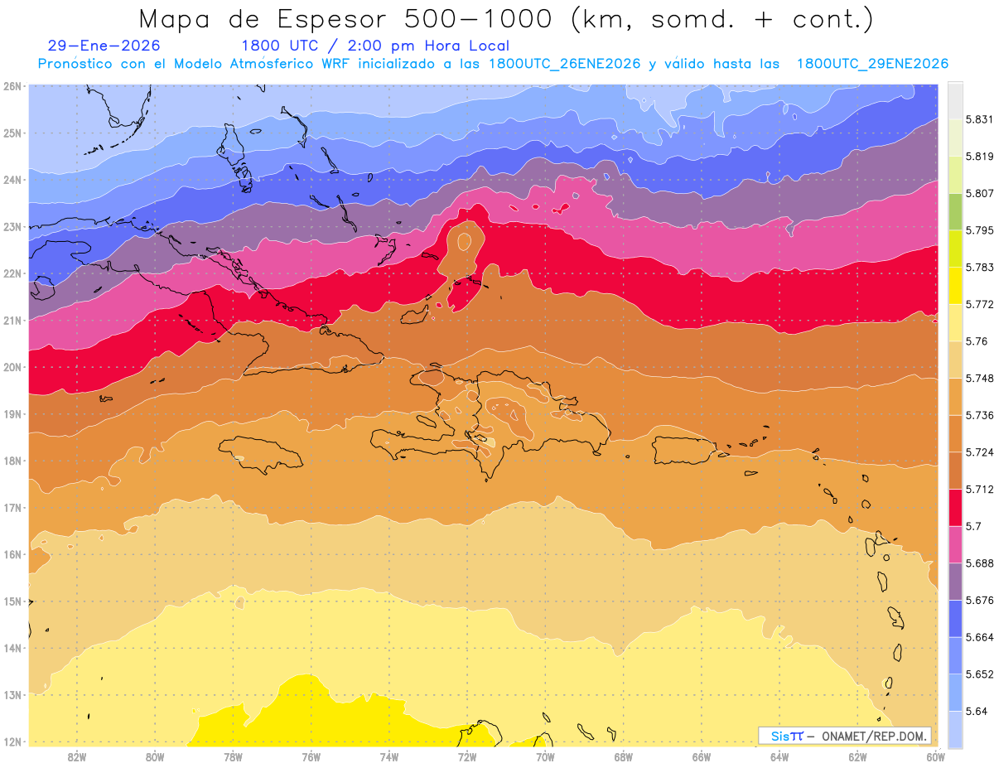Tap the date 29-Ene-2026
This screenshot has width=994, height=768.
click(104, 46)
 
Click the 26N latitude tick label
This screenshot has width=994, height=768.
click(12, 86)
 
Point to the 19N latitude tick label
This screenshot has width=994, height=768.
click(12, 414)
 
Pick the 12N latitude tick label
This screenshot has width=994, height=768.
click(12, 741)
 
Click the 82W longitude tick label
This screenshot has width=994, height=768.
click(77, 756)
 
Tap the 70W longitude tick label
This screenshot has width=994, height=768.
click(545, 756)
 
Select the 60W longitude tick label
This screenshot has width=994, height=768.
click(935, 756)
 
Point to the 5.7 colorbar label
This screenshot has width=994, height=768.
click(969, 526)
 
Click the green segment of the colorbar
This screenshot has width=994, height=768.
click(955, 212)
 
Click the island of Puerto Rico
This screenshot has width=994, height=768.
click(683, 450)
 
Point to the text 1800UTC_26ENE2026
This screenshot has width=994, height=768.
click(564, 64)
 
